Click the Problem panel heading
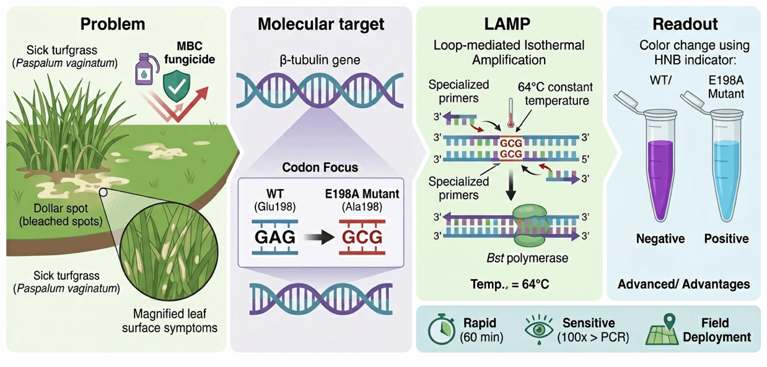113,24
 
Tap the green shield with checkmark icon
177,88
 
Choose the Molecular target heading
321,24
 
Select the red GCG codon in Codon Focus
362,236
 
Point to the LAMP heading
508,24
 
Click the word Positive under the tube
726,239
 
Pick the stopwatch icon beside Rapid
441,330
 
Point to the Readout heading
685,24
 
